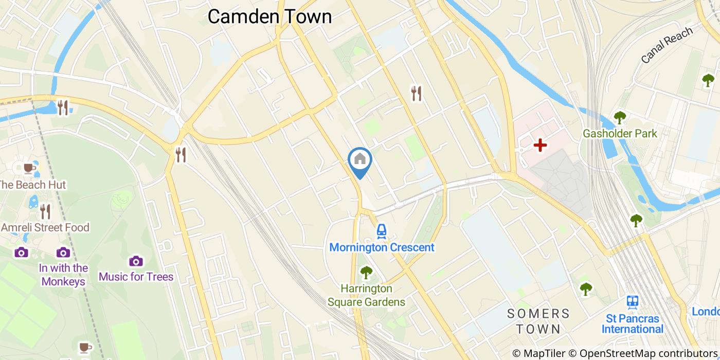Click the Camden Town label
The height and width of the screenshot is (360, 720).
pyautogui.click(x=269, y=16)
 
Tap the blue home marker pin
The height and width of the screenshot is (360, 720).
pyautogui.click(x=360, y=160)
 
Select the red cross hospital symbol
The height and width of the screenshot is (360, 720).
pyautogui.click(x=540, y=146)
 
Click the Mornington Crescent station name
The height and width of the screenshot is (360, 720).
pyautogui.click(x=382, y=247)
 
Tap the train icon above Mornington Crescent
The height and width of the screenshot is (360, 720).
pyautogui.click(x=381, y=231)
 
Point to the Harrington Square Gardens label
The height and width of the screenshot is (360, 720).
pyautogui.click(x=366, y=295)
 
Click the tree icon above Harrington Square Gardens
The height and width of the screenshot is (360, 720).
pyautogui.click(x=366, y=272)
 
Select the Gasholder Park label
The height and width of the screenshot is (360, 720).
pyautogui.click(x=620, y=134)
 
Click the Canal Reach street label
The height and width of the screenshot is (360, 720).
pyautogui.click(x=667, y=45)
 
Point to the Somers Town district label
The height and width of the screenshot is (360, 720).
pyautogui.click(x=538, y=321)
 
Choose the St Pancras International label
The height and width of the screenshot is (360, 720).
pyautogui.click(x=633, y=324)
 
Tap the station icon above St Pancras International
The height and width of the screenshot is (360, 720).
pyautogui.click(x=633, y=302)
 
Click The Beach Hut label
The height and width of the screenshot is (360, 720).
pyautogui.click(x=33, y=185)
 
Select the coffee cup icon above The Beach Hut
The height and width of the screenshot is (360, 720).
pyautogui.click(x=29, y=168)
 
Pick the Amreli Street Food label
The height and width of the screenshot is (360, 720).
pyautogui.click(x=45, y=227)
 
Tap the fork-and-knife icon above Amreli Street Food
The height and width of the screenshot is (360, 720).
pyautogui.click(x=45, y=211)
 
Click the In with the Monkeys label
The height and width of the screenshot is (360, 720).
pyautogui.click(x=64, y=275)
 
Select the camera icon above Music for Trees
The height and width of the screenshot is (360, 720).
pyautogui.click(x=136, y=261)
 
